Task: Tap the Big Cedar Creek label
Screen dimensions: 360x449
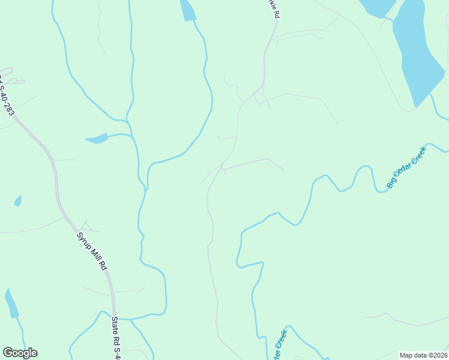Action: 406,167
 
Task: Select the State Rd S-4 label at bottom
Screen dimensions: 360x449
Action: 116,338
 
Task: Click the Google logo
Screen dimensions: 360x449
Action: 20,353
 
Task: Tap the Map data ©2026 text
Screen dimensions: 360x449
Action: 423,355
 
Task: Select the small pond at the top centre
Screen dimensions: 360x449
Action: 188,11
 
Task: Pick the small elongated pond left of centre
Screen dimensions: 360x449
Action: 97,139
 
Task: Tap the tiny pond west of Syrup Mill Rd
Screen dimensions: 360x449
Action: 18,200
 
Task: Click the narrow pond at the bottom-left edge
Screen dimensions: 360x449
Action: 11,304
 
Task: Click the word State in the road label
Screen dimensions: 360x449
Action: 114,326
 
